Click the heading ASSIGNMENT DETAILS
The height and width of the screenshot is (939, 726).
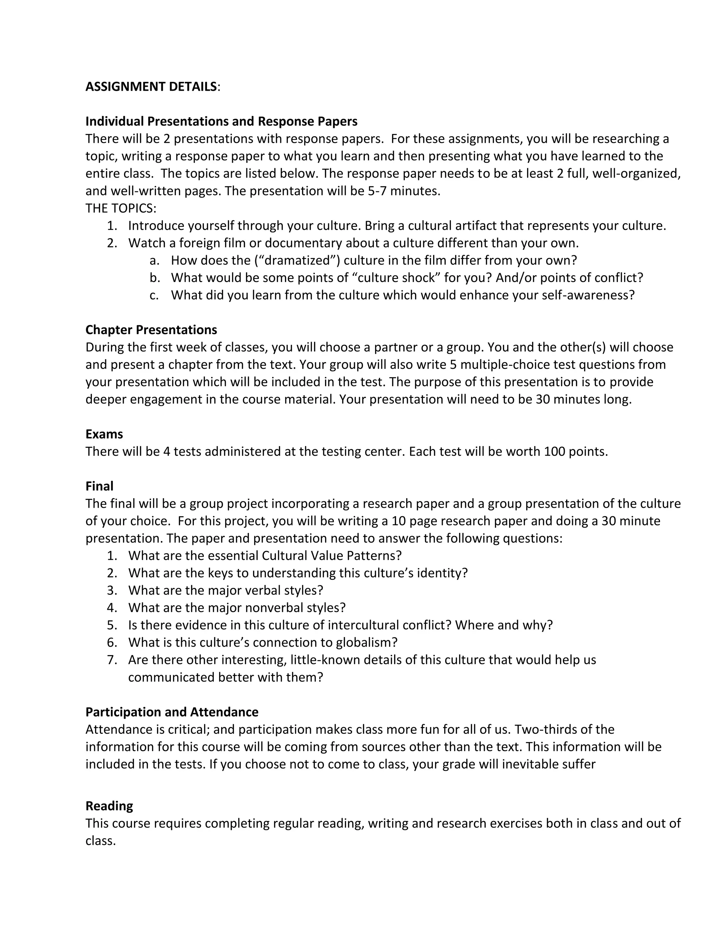coord(151,87)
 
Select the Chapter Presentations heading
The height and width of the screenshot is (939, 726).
coord(151,330)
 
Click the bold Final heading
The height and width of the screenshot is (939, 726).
coord(99,486)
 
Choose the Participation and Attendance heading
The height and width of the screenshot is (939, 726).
coord(172,712)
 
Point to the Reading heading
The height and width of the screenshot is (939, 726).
coord(109,806)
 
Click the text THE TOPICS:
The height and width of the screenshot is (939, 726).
coord(121,208)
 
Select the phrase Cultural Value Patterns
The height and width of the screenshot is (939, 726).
coord(331,556)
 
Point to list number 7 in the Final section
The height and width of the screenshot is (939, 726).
coord(111,660)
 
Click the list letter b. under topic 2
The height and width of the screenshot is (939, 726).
coord(155,278)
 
